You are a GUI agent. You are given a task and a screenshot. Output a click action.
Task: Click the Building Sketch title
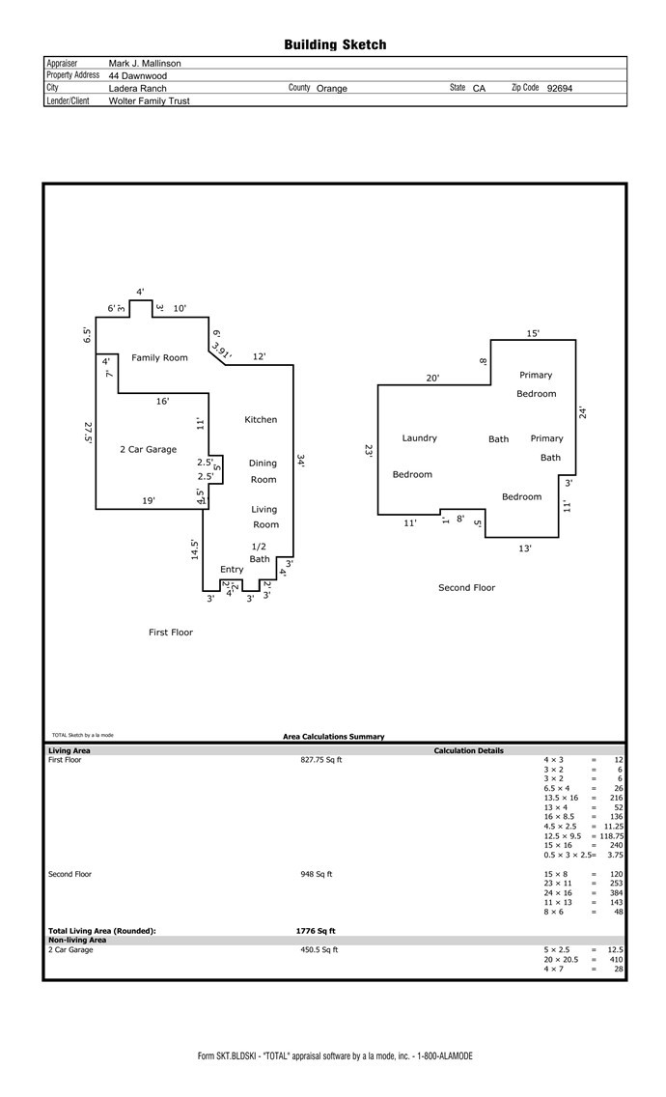[x=335, y=44]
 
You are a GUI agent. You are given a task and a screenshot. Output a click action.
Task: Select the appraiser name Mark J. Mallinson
[x=145, y=63]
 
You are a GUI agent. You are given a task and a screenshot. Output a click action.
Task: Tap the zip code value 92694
[x=560, y=88]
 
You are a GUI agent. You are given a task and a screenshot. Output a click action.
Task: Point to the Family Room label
[x=159, y=357]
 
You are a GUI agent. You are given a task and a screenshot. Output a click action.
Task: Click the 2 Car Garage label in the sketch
[x=149, y=449]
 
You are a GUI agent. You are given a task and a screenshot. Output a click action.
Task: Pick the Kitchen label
[x=261, y=419]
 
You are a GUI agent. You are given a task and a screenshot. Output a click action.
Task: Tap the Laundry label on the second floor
[x=419, y=438]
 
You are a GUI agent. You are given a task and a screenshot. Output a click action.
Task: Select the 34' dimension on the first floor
[x=301, y=461]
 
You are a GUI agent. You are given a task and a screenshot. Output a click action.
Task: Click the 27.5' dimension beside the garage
[x=88, y=432]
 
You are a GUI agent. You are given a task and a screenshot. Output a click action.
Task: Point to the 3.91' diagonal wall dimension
[x=221, y=349]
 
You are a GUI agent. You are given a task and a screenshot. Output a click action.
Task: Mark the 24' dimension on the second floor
[x=583, y=412]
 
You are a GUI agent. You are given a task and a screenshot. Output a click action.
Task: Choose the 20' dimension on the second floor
[x=433, y=378]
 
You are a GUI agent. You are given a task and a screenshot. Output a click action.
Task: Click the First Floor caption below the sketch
[x=171, y=632]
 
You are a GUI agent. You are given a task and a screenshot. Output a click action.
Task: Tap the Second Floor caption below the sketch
[x=466, y=588]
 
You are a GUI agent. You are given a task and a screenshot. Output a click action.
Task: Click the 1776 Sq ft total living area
[x=316, y=931]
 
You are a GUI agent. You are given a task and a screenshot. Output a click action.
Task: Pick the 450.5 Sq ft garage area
[x=319, y=949]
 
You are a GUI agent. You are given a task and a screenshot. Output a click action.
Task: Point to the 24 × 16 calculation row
[x=583, y=892]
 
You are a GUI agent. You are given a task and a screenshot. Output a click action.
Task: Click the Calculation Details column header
[x=469, y=750]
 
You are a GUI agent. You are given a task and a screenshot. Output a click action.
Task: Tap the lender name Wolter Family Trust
[x=149, y=100]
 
